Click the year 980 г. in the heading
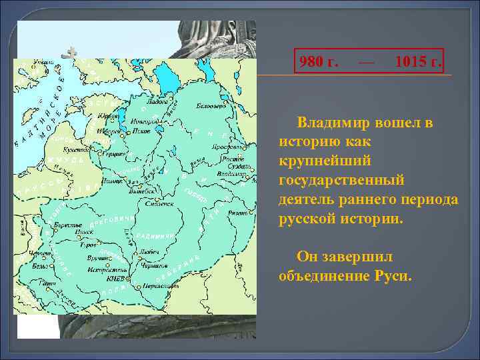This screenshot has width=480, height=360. (319, 63)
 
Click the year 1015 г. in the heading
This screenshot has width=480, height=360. (417, 63)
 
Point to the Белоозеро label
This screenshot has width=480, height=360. (205, 106)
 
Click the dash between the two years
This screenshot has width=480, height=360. (365, 63)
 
